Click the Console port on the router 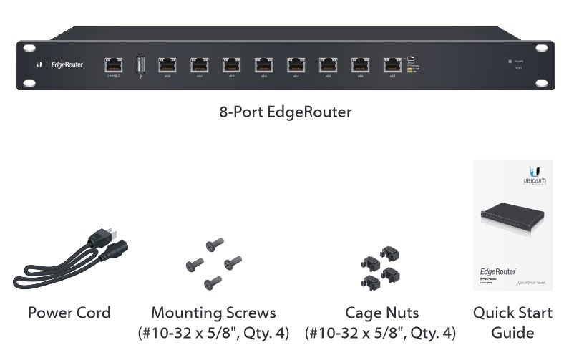tap(113, 64)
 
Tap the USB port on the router tap(140, 64)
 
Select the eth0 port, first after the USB tap(166, 64)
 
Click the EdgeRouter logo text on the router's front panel tap(67, 65)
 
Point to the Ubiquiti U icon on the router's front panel tap(39, 65)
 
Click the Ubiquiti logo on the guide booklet tap(534, 174)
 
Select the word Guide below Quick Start tap(512, 333)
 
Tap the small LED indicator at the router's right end tap(509, 62)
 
